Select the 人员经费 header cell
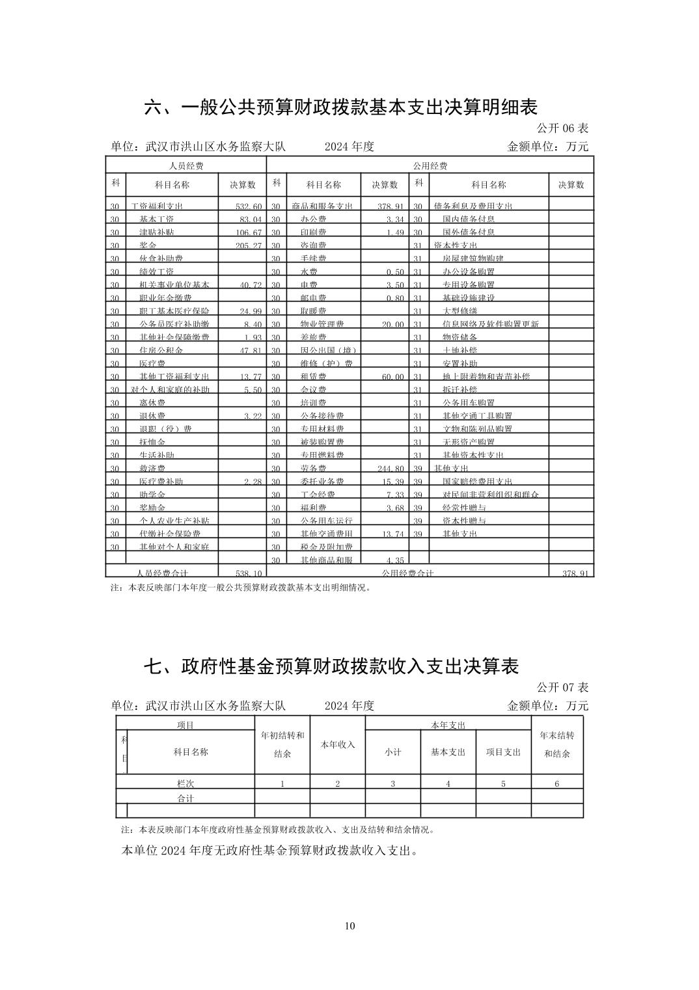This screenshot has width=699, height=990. pyautogui.click(x=186, y=165)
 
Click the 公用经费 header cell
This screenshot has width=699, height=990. pyautogui.click(x=430, y=165)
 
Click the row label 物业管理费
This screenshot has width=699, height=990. pyautogui.click(x=322, y=324)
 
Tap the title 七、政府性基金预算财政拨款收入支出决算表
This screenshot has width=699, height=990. pyautogui.click(x=331, y=666)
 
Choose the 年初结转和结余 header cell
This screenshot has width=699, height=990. pyautogui.click(x=282, y=744)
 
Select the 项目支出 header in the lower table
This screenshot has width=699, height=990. pyautogui.click(x=503, y=752)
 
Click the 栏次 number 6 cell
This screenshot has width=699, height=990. pyautogui.click(x=557, y=784)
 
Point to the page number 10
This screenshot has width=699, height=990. pyautogui.click(x=350, y=926)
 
